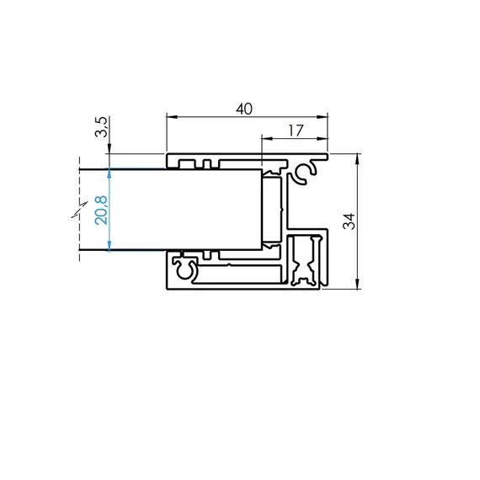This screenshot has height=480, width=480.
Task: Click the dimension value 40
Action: (245, 108)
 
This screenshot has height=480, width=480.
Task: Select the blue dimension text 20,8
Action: (101, 209)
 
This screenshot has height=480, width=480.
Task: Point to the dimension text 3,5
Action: (101, 131)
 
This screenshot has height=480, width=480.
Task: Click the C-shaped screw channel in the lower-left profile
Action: (186, 269)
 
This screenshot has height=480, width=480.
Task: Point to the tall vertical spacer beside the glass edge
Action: (272, 211)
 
